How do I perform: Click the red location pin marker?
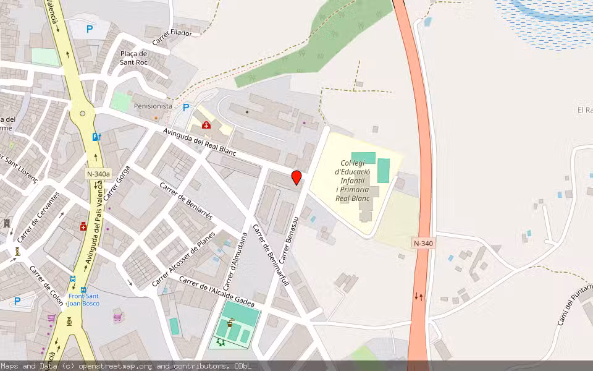pos(296,177)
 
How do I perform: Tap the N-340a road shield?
pos(98,175)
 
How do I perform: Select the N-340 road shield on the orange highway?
pos(423,243)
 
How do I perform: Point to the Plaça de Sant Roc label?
pos(133,58)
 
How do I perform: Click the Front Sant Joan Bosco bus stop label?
pos(83,299)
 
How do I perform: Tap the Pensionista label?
pos(153,106)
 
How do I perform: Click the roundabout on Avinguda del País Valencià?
pos(82,114)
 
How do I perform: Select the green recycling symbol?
pos(221,342)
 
